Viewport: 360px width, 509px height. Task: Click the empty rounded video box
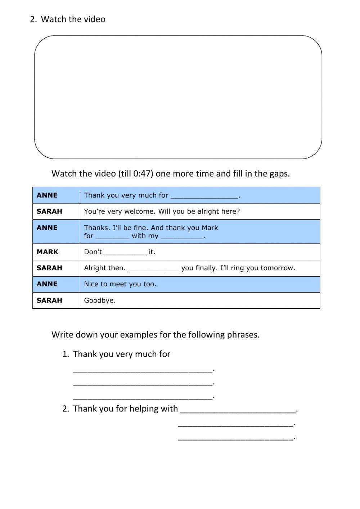(178, 97)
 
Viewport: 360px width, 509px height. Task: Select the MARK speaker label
(48, 252)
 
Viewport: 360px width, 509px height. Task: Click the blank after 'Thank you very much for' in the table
(204, 196)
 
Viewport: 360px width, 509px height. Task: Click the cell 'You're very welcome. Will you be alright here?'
(162, 211)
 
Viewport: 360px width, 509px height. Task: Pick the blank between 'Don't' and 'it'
(125, 253)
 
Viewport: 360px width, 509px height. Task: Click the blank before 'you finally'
(153, 268)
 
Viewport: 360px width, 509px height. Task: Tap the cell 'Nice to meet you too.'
(120, 284)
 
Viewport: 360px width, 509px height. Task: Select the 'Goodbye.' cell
(100, 300)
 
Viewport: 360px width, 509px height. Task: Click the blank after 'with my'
(182, 237)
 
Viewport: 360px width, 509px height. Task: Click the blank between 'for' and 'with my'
(112, 237)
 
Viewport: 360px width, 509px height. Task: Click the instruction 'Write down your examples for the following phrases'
(156, 335)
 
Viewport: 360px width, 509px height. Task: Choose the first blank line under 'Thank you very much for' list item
(143, 369)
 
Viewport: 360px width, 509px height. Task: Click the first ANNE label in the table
(47, 195)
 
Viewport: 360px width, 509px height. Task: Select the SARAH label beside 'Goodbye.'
(49, 300)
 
